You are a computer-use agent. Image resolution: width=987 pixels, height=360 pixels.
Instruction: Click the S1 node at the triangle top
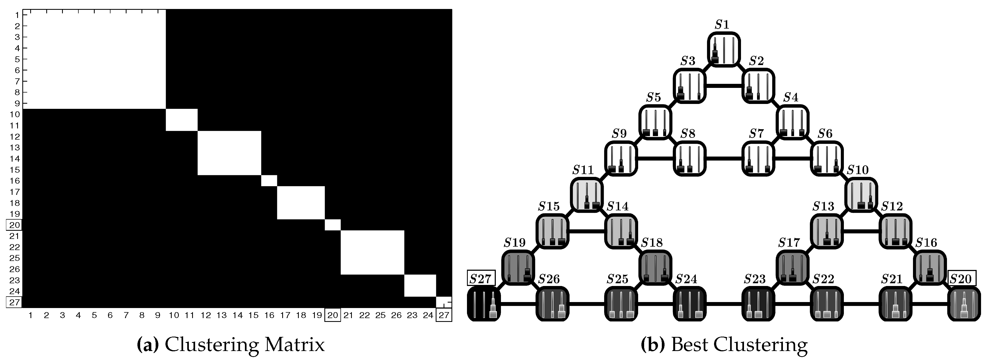pyautogui.click(x=723, y=49)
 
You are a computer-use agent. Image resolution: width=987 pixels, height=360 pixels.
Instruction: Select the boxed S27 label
pyautogui.click(x=481, y=278)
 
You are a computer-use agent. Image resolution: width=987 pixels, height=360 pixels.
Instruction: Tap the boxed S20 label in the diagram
pyautogui.click(x=962, y=278)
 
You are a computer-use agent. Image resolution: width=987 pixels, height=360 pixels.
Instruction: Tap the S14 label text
pyautogui.click(x=618, y=207)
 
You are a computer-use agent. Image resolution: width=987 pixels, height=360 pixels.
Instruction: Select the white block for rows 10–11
pyautogui.click(x=182, y=120)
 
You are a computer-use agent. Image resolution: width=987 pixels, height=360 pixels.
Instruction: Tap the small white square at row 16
pyautogui.click(x=269, y=181)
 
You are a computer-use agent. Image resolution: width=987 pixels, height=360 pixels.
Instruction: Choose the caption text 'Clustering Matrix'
pyautogui.click(x=244, y=345)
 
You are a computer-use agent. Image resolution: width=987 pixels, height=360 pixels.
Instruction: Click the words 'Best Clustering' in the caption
pyautogui.click(x=739, y=345)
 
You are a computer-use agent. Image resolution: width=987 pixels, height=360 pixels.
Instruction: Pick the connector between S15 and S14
pyautogui.click(x=586, y=231)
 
